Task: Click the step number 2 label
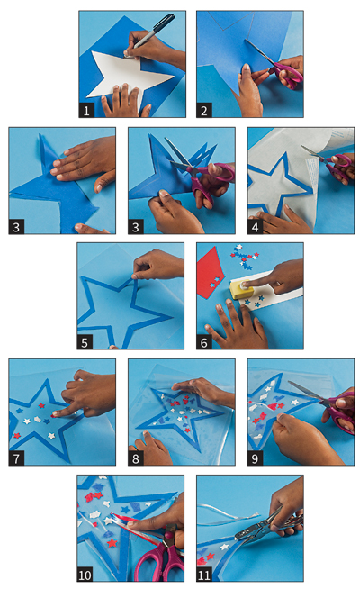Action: pyautogui.click(x=203, y=111)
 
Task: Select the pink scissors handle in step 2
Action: pyautogui.click(x=288, y=74)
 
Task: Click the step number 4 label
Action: pyautogui.click(x=256, y=227)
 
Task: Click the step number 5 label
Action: pyautogui.click(x=85, y=342)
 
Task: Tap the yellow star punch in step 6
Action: pyautogui.click(x=240, y=289)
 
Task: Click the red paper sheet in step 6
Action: pyautogui.click(x=211, y=273)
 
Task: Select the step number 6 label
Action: pyautogui.click(x=204, y=342)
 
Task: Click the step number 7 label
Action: pyautogui.click(x=16, y=458)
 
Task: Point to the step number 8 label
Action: pyautogui.click(x=136, y=458)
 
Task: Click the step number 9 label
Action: pyautogui.click(x=256, y=458)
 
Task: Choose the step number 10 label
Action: pyautogui.click(x=85, y=575)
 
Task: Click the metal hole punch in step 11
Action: pyautogui.click(x=268, y=526)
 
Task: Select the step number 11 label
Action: pyautogui.click(x=204, y=575)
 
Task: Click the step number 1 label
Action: pyautogui.click(x=86, y=111)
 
